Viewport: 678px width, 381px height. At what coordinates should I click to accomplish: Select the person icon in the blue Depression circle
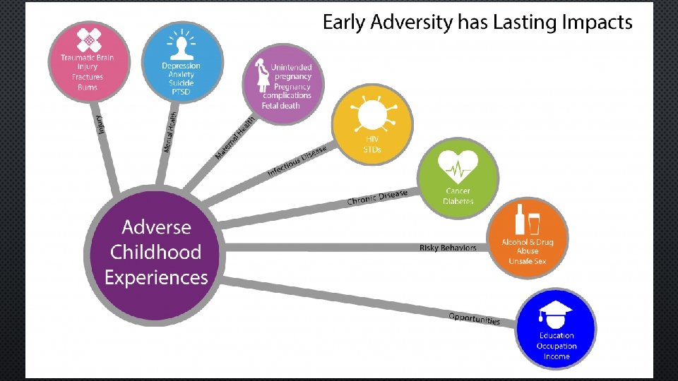point(182,46)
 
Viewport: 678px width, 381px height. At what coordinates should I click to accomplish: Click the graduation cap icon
point(555,313)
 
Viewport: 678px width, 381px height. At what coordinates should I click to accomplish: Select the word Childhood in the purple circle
point(156,252)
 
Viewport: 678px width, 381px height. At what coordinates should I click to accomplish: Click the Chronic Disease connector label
point(377,198)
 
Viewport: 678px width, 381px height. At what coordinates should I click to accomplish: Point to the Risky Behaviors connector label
point(448,248)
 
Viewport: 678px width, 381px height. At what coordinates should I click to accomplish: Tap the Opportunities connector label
point(474,318)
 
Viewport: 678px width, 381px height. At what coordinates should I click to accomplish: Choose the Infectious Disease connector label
point(297,163)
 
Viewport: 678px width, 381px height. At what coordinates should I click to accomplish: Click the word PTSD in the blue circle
point(182,92)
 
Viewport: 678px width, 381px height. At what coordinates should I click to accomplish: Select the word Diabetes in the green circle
point(458,201)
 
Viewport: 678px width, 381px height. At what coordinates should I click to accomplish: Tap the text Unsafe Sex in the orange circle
point(527,262)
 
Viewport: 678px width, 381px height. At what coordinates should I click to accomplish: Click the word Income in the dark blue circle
point(557,356)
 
